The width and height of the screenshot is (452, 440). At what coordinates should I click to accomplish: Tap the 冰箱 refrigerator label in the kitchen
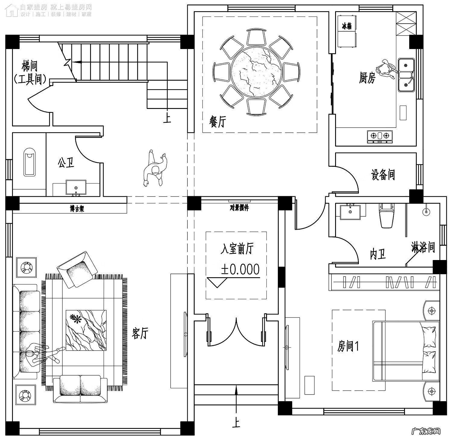[x=347, y=26]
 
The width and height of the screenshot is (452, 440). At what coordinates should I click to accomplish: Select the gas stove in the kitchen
[x=380, y=136]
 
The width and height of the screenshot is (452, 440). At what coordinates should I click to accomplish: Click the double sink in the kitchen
[x=406, y=75]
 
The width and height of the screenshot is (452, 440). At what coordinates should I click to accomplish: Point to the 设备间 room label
[x=383, y=175]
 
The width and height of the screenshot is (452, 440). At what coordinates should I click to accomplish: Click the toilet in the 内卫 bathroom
[x=387, y=216]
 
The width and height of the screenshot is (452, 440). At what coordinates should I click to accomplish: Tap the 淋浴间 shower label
[x=423, y=247]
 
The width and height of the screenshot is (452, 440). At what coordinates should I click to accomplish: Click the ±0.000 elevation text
[x=240, y=269]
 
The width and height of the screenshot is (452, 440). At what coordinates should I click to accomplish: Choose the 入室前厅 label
[x=237, y=249]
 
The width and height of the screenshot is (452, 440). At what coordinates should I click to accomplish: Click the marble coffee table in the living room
[x=86, y=330]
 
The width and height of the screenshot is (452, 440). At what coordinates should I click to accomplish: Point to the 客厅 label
[x=140, y=333]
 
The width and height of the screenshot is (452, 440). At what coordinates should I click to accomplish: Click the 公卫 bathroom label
[x=66, y=163]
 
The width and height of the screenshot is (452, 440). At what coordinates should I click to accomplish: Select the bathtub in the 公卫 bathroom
[x=30, y=161]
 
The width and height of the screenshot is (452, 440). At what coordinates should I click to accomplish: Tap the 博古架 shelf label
[x=77, y=209]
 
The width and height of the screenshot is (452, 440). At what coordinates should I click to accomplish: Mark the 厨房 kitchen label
[x=367, y=78]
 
